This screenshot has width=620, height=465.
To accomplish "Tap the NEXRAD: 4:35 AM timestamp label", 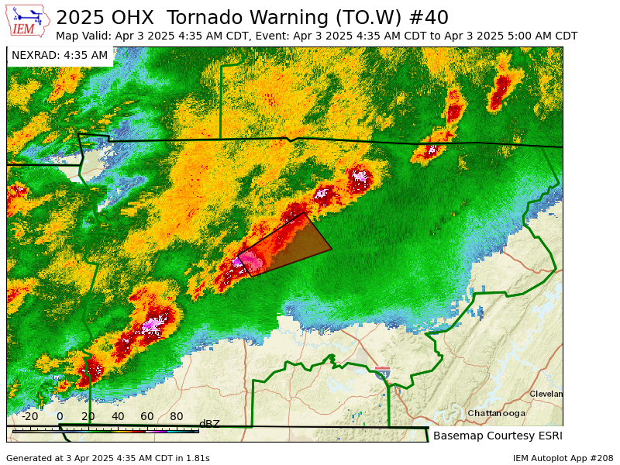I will (x=60, y=55).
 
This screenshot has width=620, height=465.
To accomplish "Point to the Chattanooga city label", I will (x=496, y=413).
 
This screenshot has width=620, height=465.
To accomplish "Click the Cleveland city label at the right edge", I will (x=546, y=394).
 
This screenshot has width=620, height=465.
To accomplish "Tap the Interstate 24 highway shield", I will (x=382, y=373).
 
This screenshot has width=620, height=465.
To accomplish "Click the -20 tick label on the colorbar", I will (x=29, y=416).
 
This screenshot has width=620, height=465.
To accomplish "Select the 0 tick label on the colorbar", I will (x=60, y=416).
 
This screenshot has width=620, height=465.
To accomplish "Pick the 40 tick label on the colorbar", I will (x=118, y=416).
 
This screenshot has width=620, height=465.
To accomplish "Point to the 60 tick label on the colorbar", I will (x=147, y=416).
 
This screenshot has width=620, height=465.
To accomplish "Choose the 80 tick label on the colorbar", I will (x=177, y=416).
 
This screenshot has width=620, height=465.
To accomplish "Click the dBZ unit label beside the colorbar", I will (x=209, y=424).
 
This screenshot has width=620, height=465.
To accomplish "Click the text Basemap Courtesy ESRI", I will (x=498, y=436).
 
